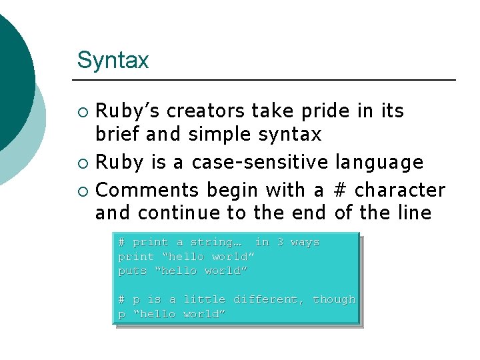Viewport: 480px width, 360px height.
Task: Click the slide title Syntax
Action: [x=113, y=61]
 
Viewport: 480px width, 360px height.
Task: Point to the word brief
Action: [x=118, y=135]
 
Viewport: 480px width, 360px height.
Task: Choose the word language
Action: [x=379, y=162]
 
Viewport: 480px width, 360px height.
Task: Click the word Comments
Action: [x=147, y=191]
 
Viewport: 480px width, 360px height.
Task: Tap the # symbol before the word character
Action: [x=339, y=191]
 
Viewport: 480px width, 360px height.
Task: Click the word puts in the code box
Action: [x=132, y=271]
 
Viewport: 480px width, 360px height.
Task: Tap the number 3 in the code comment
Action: [x=280, y=242]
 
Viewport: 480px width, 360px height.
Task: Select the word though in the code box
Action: [x=334, y=299]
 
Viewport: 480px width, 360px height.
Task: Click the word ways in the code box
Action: [x=305, y=242]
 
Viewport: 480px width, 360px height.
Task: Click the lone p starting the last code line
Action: [x=121, y=315]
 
